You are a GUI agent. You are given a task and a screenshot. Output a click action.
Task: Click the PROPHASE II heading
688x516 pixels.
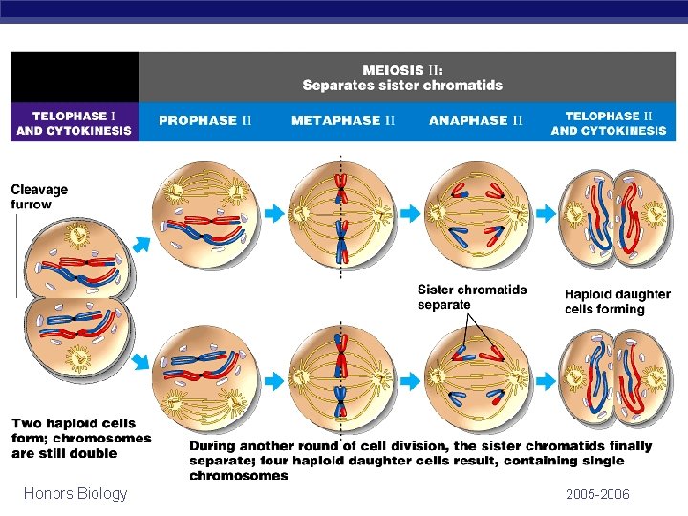(x=204, y=120)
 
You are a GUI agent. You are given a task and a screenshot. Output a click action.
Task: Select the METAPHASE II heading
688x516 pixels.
(x=342, y=120)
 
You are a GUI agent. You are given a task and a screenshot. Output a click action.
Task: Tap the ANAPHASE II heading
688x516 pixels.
(x=476, y=120)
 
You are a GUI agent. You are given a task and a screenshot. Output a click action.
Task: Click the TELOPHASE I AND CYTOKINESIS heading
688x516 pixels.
(x=74, y=122)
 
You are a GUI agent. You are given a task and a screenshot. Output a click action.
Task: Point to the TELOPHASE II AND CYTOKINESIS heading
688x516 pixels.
(x=609, y=122)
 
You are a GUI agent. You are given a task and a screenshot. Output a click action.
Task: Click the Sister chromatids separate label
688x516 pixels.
(x=472, y=296)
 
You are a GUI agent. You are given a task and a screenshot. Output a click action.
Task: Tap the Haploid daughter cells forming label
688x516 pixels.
(x=617, y=301)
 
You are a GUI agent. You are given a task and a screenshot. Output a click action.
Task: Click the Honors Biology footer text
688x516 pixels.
(x=75, y=493)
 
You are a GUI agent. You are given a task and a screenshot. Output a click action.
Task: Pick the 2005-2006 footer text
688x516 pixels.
(x=597, y=494)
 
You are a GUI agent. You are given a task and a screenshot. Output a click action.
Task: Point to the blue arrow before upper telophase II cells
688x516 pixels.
(x=546, y=212)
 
